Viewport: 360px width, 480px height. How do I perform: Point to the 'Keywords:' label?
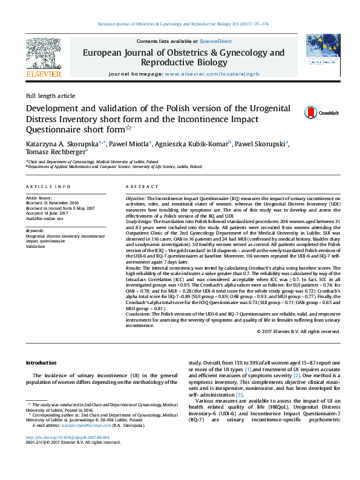34,230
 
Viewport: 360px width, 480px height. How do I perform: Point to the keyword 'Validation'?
35,246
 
